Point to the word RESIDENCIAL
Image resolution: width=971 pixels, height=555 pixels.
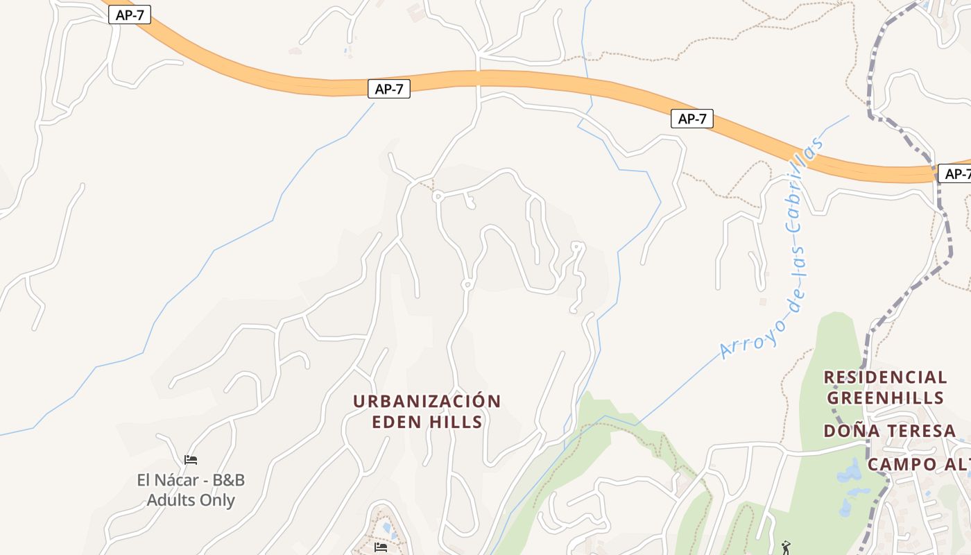pyautogui.click(x=885, y=377)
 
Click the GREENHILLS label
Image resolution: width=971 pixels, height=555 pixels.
pyautogui.click(x=885, y=398)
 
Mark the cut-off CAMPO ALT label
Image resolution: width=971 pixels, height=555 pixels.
pyautogui.click(x=918, y=464)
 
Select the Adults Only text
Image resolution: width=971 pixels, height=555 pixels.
pyautogui.click(x=191, y=500)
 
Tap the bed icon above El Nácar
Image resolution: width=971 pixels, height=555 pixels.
pyautogui.click(x=191, y=459)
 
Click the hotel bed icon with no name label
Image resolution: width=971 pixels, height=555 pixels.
pyautogui.click(x=381, y=547)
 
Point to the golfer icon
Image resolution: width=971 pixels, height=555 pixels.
pyautogui.click(x=785, y=548)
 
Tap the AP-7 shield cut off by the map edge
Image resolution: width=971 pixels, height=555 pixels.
pyautogui.click(x=956, y=173)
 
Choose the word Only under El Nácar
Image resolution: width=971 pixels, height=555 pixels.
pyautogui.click(x=217, y=500)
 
